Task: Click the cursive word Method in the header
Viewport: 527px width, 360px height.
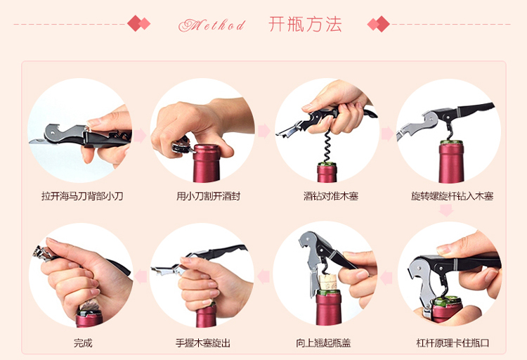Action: (x=212, y=25)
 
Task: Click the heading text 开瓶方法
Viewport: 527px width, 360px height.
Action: (x=305, y=24)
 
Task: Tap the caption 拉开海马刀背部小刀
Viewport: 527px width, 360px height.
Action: (x=82, y=195)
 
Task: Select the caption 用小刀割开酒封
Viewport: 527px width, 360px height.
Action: (x=209, y=195)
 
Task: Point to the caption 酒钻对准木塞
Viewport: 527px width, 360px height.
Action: (x=331, y=195)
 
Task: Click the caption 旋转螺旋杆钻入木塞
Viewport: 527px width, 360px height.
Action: (x=453, y=195)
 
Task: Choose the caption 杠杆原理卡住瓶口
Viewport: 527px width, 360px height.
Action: (x=453, y=343)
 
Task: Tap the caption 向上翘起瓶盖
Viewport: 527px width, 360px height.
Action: (x=323, y=343)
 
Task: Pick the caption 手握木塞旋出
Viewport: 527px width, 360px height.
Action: (x=203, y=343)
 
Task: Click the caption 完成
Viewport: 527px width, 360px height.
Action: (x=83, y=343)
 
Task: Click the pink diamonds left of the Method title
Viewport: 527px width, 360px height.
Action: (x=139, y=23)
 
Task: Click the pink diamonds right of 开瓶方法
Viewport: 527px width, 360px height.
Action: (x=379, y=24)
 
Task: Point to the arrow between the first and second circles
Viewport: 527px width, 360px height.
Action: (x=140, y=136)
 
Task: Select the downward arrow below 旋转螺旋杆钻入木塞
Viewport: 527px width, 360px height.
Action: (x=446, y=210)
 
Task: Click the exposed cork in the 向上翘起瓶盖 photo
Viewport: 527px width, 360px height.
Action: (x=327, y=282)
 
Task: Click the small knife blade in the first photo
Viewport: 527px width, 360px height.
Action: (x=38, y=141)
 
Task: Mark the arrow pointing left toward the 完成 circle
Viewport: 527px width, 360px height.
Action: (x=141, y=276)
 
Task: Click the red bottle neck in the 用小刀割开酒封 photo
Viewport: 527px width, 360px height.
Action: (x=206, y=164)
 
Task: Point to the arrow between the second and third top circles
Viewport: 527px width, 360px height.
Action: (x=263, y=131)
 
